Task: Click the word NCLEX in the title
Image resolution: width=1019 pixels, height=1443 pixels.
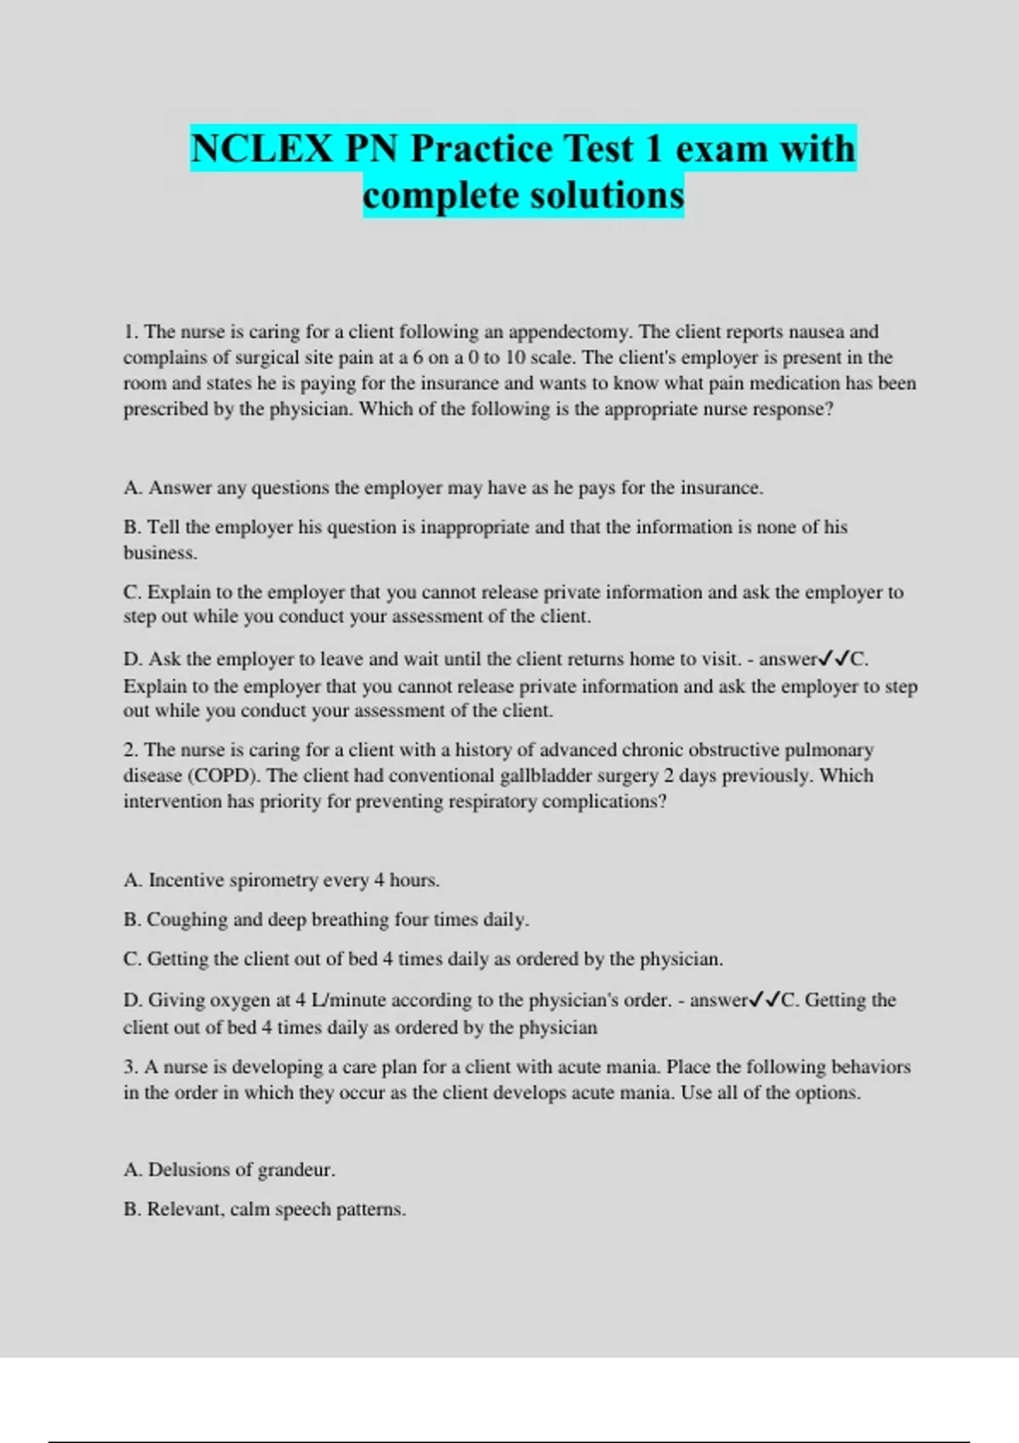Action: pyautogui.click(x=262, y=149)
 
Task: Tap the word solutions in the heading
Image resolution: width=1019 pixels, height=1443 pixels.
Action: pyautogui.click(x=607, y=195)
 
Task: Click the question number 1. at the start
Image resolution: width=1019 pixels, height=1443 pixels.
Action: pyautogui.click(x=131, y=332)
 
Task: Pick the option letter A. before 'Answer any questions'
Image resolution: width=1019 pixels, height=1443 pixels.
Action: pyautogui.click(x=132, y=488)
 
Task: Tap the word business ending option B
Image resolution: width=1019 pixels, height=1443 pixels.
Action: pyautogui.click(x=160, y=553)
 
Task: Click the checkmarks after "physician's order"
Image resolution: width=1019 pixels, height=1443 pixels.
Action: pyautogui.click(x=765, y=1000)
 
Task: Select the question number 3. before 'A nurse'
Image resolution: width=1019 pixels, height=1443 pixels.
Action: pyautogui.click(x=131, y=1067)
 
